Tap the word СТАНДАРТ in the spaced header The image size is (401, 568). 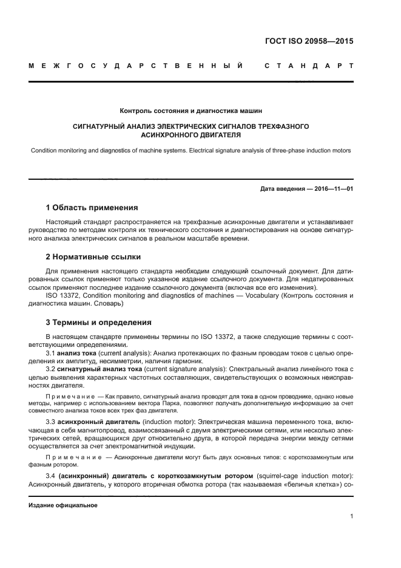point(308,65)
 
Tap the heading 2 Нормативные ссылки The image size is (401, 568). point(93,257)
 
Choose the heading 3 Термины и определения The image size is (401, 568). point(99,323)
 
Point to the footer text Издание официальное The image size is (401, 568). point(63,505)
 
